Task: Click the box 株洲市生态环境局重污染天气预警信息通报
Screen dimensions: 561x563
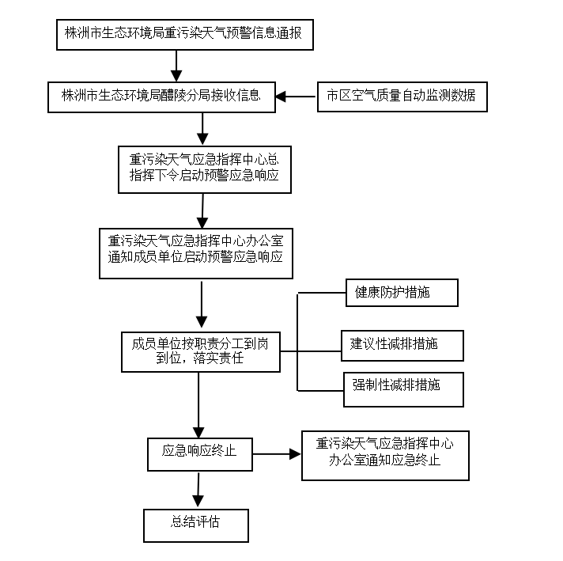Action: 184,35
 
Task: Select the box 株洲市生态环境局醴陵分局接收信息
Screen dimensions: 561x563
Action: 162,97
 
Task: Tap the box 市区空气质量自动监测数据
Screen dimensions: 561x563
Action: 401,97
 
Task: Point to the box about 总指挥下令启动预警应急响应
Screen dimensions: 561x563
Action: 204,167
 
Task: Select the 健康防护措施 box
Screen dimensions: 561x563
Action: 402,293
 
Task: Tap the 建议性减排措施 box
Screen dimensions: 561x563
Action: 402,345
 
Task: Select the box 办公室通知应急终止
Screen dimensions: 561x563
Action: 385,454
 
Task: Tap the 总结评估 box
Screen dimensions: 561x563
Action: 196,525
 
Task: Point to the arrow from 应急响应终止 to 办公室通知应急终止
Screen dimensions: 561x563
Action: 276,454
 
